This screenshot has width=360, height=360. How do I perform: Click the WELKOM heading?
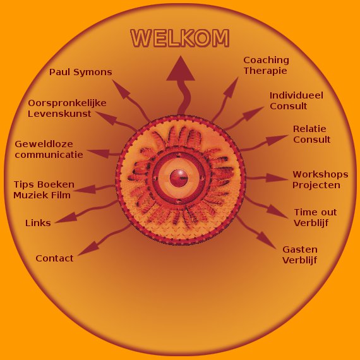point(180,38)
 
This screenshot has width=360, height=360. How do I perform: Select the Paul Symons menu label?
point(81,73)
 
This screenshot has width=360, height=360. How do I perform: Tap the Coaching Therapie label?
point(266,66)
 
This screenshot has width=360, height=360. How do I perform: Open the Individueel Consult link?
point(296,100)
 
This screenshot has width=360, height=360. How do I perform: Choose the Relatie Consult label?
point(311,134)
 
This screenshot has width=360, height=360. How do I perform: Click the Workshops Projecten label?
point(320,180)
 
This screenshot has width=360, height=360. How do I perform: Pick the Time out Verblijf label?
point(315,217)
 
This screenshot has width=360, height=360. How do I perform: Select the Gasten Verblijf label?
point(299,255)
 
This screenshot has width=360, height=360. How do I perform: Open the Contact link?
point(55,258)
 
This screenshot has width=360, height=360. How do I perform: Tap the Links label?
point(38,223)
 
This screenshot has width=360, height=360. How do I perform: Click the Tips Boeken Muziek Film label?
point(44,189)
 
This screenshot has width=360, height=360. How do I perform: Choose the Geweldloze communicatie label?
point(49,149)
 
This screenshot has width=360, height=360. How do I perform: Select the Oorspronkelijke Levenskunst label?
point(67,108)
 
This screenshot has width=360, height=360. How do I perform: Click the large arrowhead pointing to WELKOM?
point(181,70)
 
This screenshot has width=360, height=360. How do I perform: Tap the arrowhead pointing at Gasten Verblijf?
point(267,241)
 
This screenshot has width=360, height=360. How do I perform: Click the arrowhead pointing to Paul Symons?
point(120,88)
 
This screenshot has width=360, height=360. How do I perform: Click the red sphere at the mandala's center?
point(179,178)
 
